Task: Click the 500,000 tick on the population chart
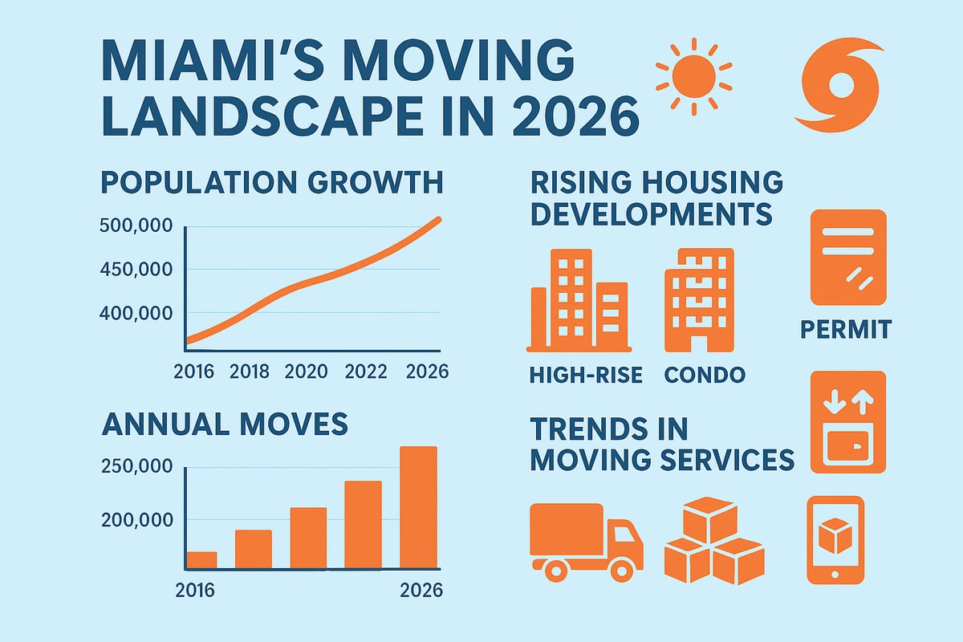135,226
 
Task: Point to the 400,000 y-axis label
135,313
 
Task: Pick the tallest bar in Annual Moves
418,507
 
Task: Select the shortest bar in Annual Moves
201,560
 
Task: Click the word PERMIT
846,330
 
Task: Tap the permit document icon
847,257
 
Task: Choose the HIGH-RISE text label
585,375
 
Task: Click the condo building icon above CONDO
698,300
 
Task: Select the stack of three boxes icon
713,542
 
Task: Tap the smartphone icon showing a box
835,538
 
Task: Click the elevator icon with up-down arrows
847,421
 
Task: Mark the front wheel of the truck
620,569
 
